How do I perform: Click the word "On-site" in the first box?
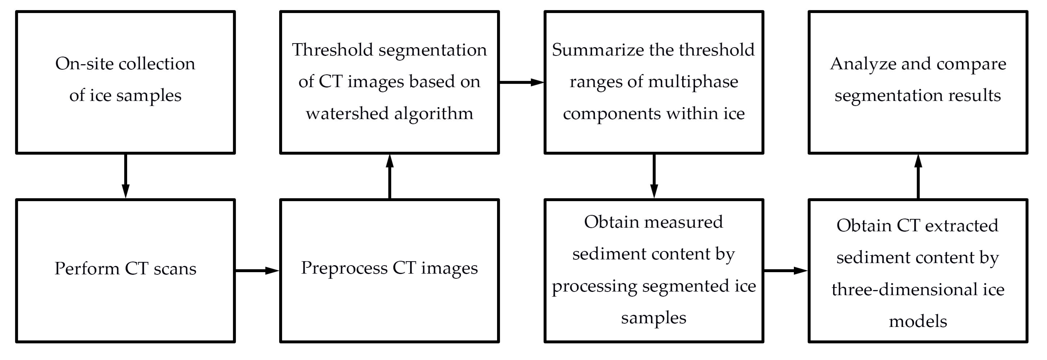point(84,64)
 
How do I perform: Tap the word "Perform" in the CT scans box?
point(86,269)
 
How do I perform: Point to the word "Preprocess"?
point(344,268)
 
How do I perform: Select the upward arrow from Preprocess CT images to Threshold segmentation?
point(390,176)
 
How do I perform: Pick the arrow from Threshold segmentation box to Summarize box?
point(521,82)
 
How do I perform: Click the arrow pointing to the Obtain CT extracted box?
point(785,271)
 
